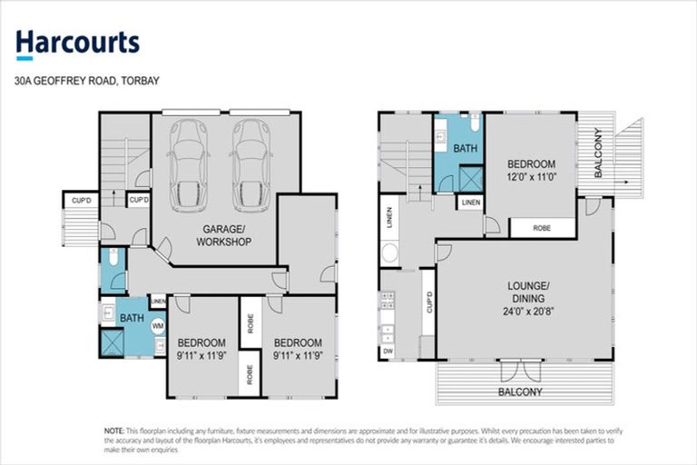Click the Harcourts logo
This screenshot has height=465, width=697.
point(77,43)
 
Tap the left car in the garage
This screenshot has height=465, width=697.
point(189,158)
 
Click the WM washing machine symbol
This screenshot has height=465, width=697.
point(157,324)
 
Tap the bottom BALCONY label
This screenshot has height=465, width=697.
point(519,392)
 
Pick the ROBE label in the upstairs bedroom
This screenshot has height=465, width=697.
point(542,229)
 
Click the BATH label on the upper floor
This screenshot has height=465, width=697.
point(465,147)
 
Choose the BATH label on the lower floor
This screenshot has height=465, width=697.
point(132,318)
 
